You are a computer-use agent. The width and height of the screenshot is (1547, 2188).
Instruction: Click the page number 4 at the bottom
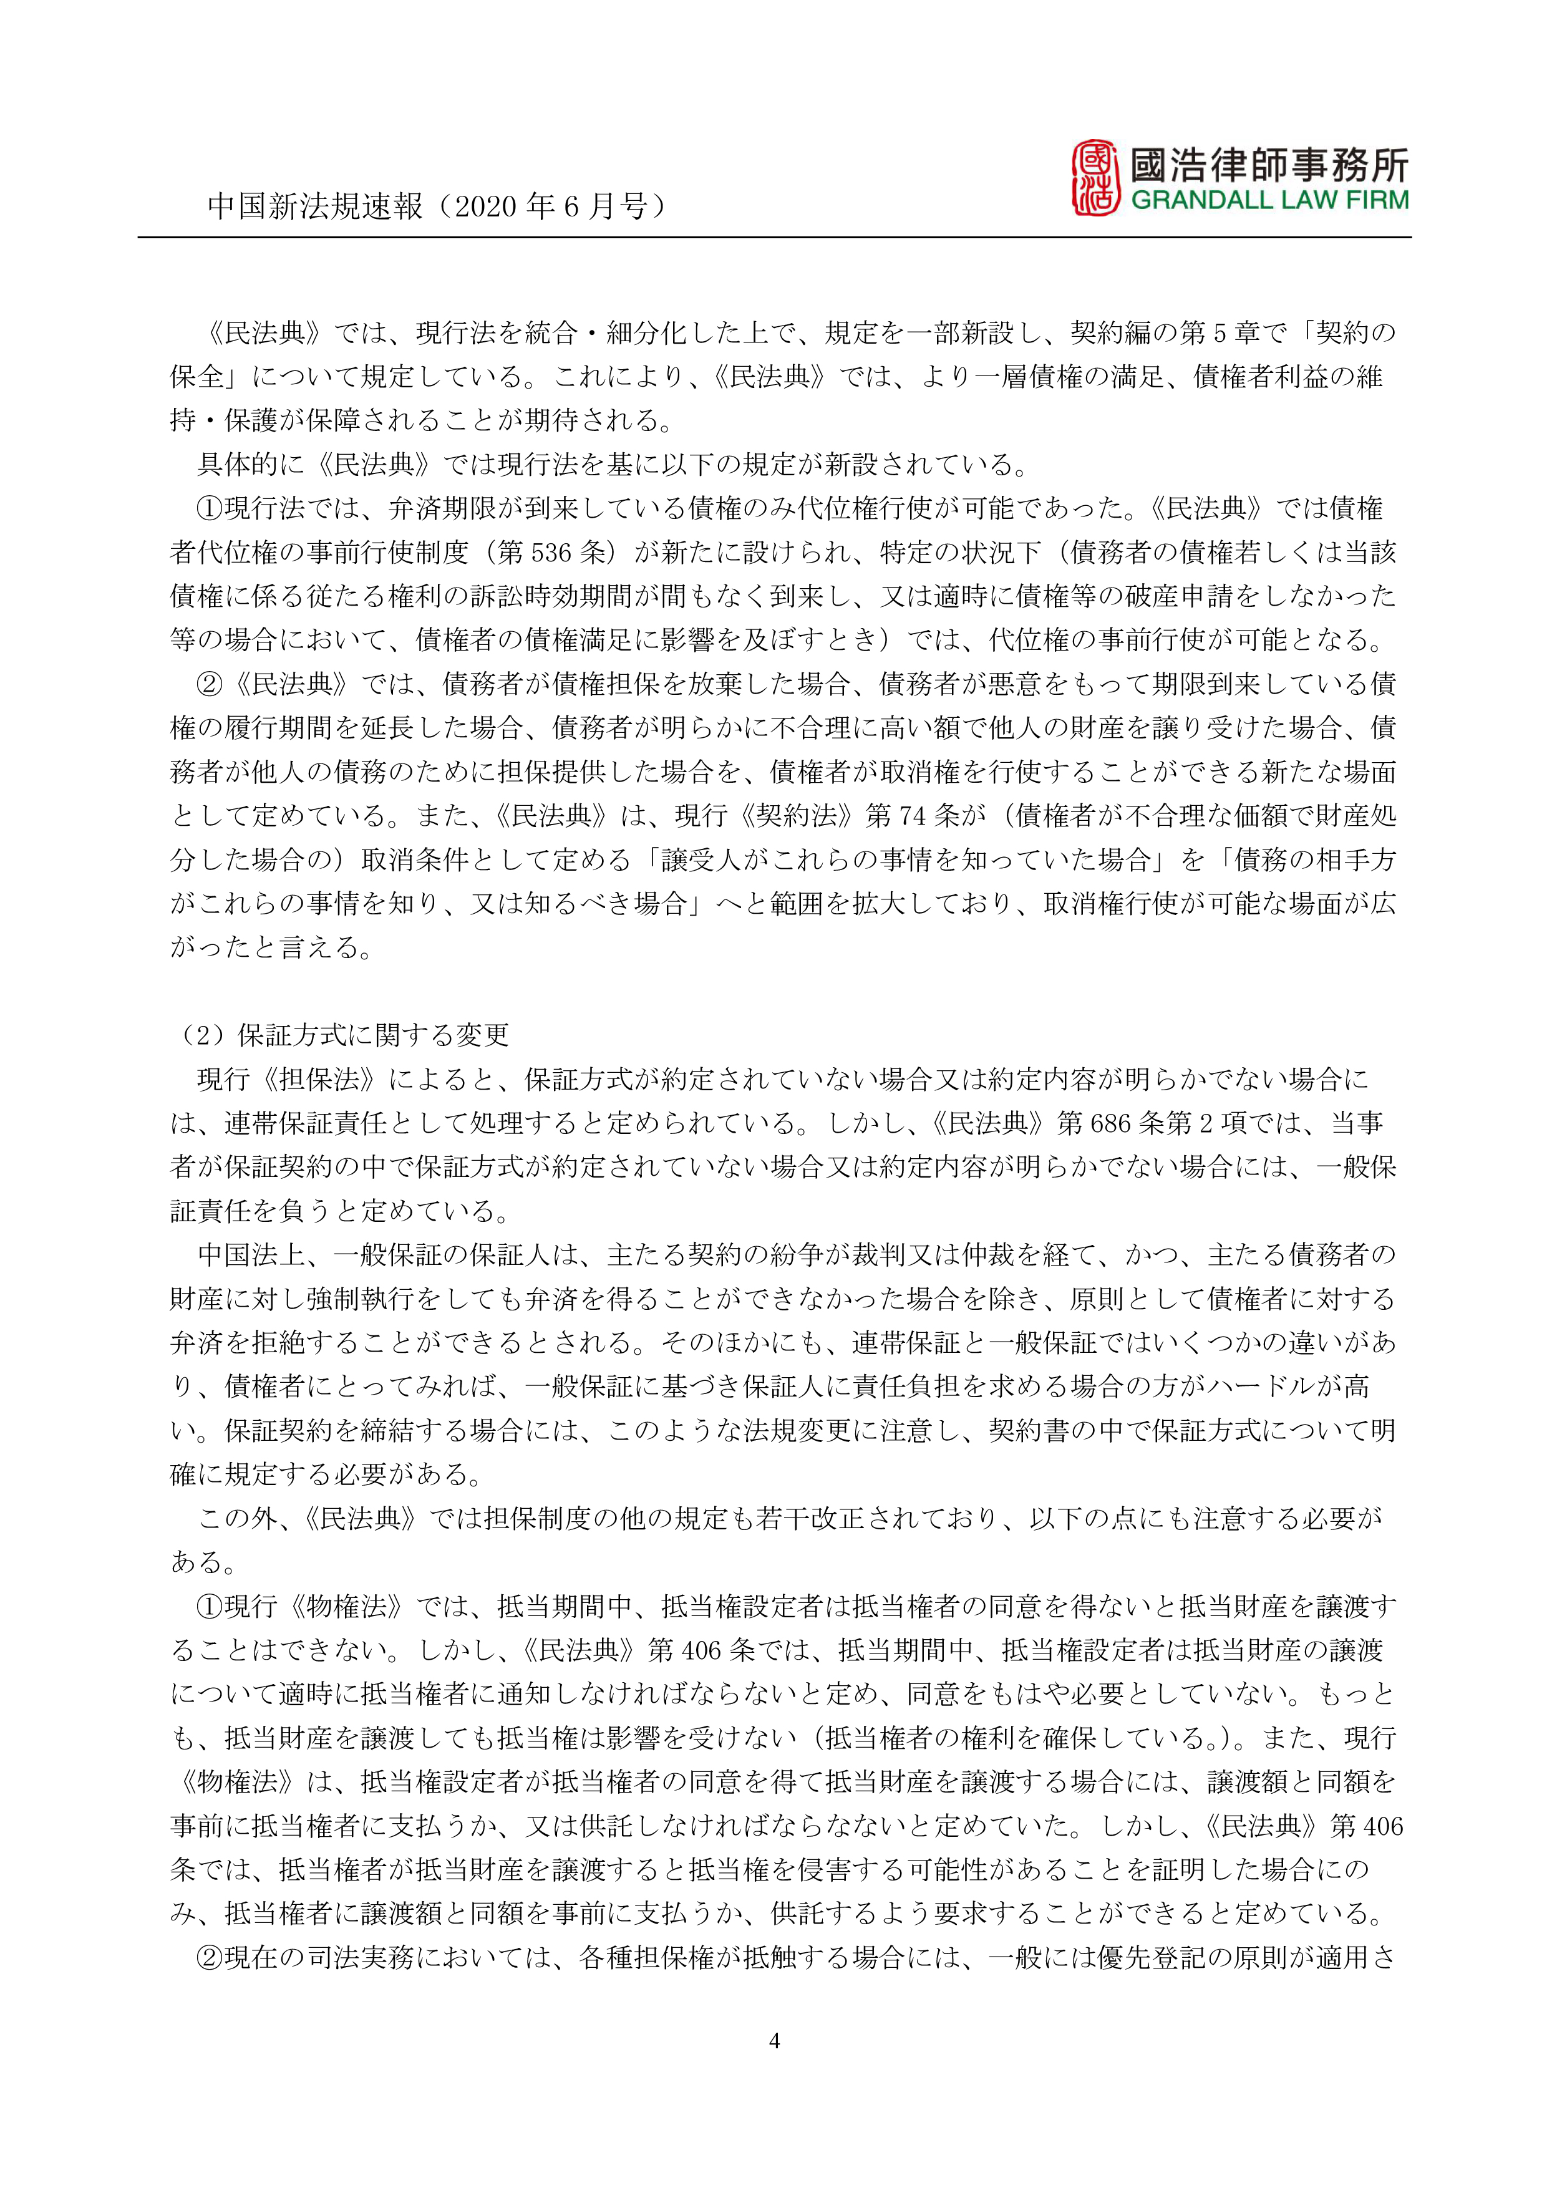point(774,2040)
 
